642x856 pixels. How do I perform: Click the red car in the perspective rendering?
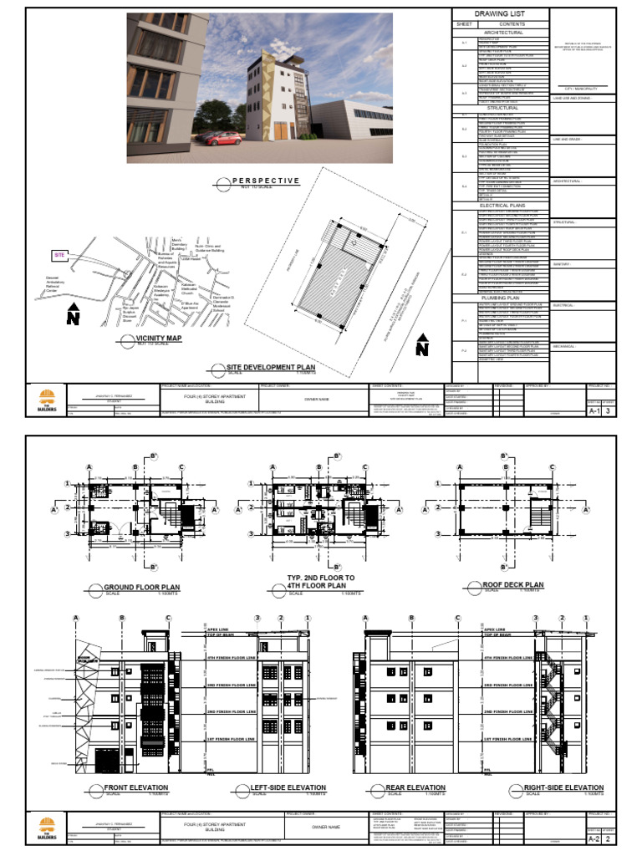(x=219, y=136)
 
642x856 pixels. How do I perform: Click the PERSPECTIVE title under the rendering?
(x=265, y=181)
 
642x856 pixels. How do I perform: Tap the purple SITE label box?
(x=59, y=253)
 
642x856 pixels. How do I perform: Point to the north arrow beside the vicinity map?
(x=73, y=315)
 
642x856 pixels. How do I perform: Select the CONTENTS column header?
(x=512, y=24)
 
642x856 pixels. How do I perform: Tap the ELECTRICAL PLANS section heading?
(x=501, y=204)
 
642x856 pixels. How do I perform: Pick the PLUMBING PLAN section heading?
(x=501, y=297)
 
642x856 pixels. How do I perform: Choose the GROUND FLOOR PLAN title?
(x=141, y=587)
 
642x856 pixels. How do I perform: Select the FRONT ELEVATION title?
(x=135, y=787)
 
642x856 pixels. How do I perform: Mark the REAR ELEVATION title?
(x=414, y=787)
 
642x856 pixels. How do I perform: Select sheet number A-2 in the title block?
(x=595, y=838)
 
